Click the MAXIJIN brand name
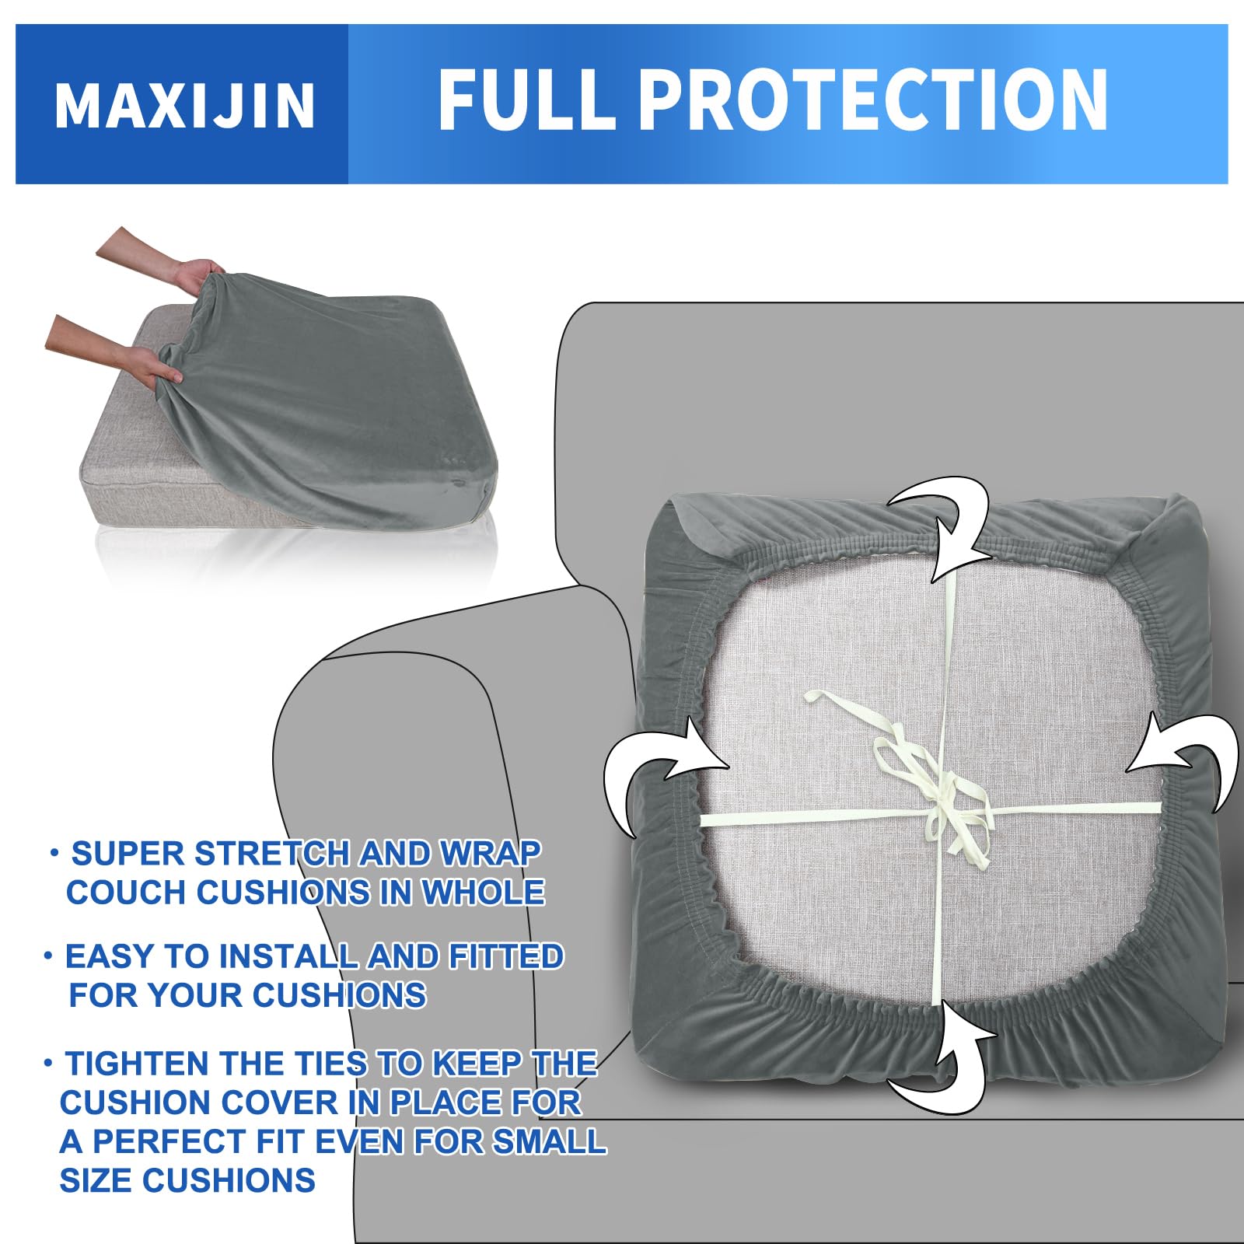point(185,105)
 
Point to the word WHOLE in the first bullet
point(482,892)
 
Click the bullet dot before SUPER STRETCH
point(54,852)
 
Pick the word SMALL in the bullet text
point(549,1141)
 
